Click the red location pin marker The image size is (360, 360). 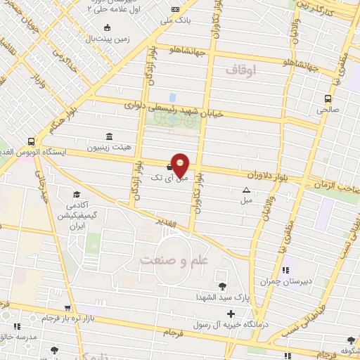181,165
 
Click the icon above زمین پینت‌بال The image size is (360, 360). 106,28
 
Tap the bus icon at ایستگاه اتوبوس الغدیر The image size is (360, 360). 30,140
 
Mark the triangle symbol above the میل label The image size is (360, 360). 246,190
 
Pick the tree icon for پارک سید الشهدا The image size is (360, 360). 223,285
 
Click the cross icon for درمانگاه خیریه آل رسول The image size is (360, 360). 231,312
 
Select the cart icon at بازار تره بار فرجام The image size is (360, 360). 68,308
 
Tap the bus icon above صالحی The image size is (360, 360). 328,99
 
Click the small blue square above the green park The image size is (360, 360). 173,96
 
